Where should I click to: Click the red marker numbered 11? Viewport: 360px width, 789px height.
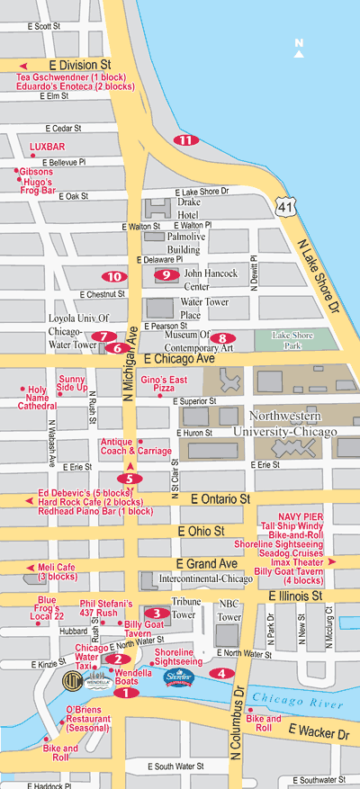tap(185, 139)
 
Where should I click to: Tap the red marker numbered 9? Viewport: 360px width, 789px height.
tap(164, 274)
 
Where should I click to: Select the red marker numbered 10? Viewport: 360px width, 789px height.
tap(113, 276)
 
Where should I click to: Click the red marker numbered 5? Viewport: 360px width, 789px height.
tap(130, 479)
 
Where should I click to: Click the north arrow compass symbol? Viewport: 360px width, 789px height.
tap(300, 46)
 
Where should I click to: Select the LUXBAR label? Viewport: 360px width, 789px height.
tap(47, 146)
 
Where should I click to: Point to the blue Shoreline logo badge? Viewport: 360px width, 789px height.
tap(178, 677)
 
